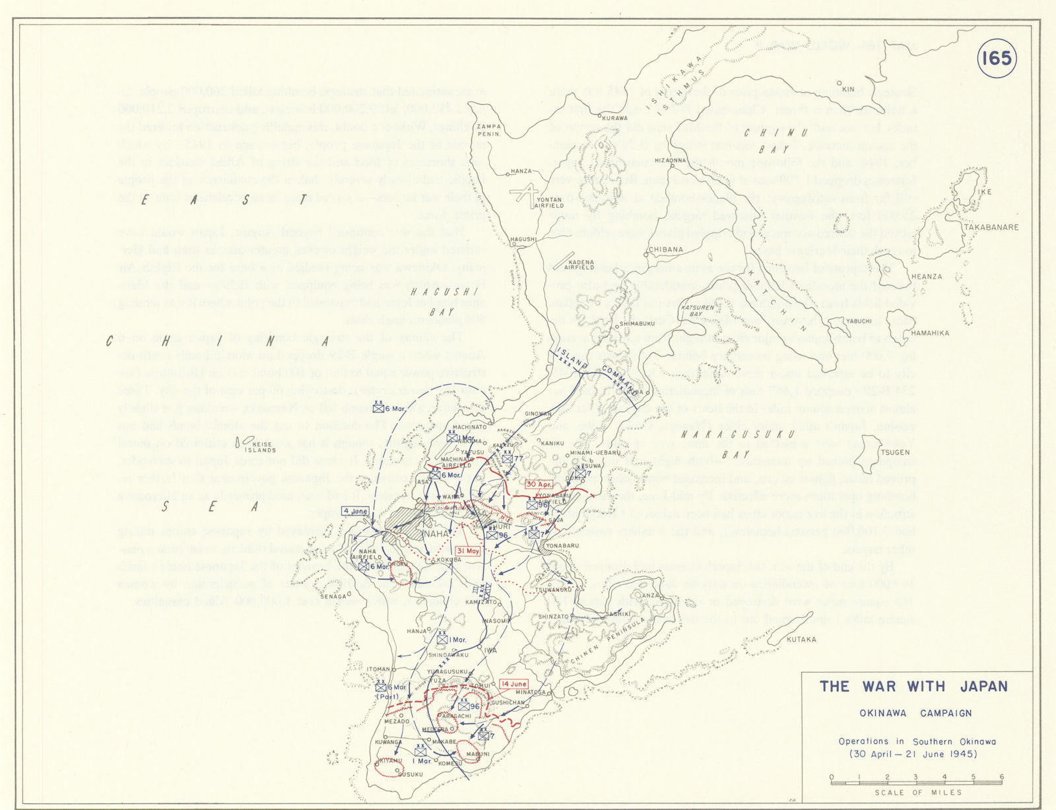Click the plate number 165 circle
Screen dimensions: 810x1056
996,59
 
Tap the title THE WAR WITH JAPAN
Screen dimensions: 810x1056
914,687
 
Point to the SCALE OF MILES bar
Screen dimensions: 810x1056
916,782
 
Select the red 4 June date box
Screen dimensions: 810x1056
356,511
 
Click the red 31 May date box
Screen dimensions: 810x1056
468,551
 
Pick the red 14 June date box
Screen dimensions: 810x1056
514,684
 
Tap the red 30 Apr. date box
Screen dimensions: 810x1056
539,485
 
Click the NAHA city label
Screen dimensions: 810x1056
436,533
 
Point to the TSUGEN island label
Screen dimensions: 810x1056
896,453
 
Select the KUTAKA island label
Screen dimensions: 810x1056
801,639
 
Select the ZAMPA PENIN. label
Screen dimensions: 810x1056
488,129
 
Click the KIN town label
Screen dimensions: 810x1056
848,88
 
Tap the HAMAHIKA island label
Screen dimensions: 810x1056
930,333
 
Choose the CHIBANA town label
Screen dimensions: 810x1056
666,250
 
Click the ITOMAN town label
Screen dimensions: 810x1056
379,669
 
